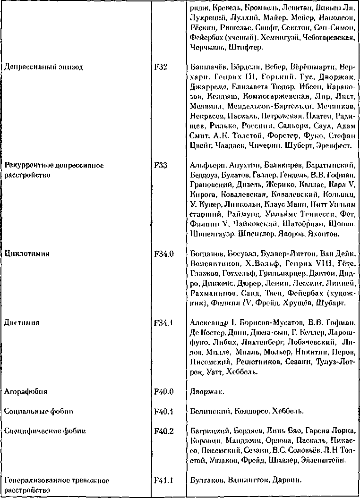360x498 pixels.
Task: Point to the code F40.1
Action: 163,411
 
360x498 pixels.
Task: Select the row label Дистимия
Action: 22,323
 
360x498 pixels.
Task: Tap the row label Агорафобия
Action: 26,391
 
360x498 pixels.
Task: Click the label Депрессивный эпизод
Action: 43,67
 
